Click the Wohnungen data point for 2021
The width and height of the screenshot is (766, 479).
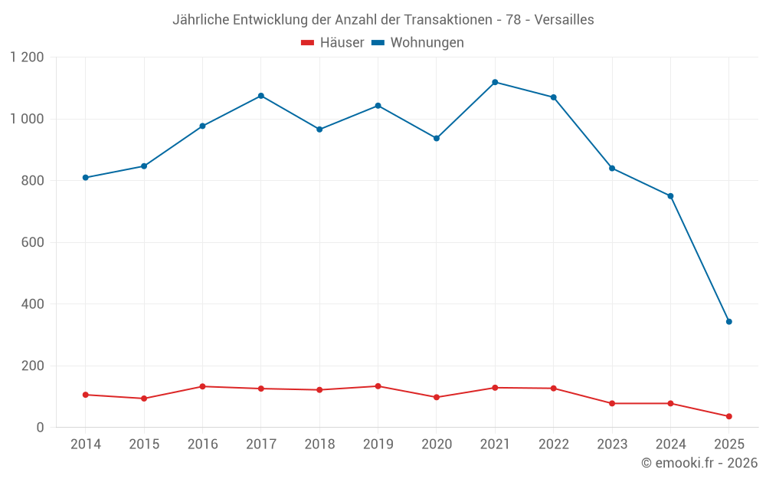click(495, 82)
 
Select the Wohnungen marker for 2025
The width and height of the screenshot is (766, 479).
click(728, 322)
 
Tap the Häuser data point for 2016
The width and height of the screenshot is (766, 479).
click(202, 386)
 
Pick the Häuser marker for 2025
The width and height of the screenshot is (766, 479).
click(728, 416)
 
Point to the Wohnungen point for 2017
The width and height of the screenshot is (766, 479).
click(261, 96)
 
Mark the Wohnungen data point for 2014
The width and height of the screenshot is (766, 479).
click(86, 178)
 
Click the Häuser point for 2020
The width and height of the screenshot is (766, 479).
click(437, 397)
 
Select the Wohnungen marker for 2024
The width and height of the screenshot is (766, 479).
click(670, 196)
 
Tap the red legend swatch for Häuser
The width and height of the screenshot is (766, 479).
click(308, 43)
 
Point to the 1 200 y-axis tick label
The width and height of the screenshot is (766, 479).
click(28, 57)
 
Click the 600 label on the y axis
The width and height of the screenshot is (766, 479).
click(33, 243)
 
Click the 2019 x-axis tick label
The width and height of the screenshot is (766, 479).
click(378, 445)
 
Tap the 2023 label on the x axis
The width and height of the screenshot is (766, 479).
click(612, 445)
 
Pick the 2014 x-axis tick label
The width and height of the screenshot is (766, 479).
click(86, 445)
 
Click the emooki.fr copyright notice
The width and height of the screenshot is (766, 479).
click(699, 463)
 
